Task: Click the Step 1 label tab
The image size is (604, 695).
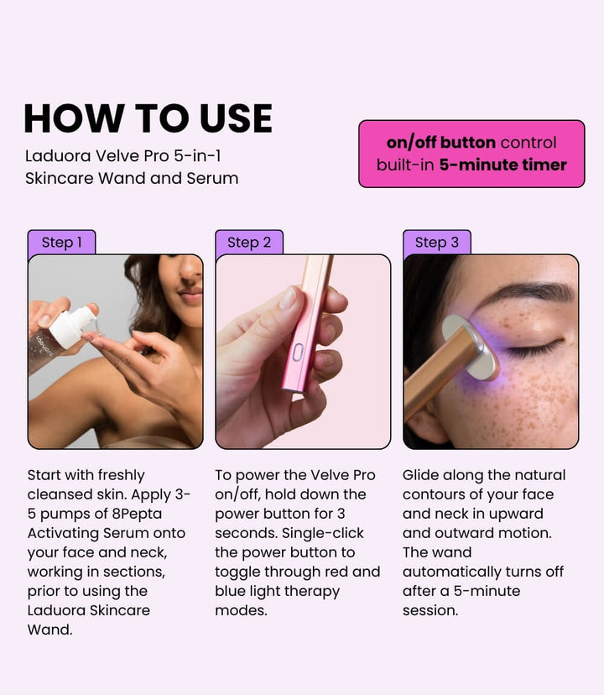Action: coord(61,242)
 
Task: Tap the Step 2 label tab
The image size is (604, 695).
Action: coord(249,242)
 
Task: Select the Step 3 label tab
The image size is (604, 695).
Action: coord(437,242)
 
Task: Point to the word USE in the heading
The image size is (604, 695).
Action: coord(236,118)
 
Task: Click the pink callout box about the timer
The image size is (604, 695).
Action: coord(471,154)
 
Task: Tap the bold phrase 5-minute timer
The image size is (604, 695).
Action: coord(503,165)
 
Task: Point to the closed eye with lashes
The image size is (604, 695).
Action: coord(535,348)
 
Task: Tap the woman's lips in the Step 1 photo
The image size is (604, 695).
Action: coord(191,295)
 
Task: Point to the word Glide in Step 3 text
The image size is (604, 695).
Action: coord(420,475)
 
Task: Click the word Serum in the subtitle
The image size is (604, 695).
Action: coord(212,178)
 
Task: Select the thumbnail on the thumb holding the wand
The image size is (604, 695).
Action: coord(288,297)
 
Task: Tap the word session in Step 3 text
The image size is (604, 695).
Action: coord(430,610)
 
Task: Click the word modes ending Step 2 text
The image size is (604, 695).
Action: coord(241,610)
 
